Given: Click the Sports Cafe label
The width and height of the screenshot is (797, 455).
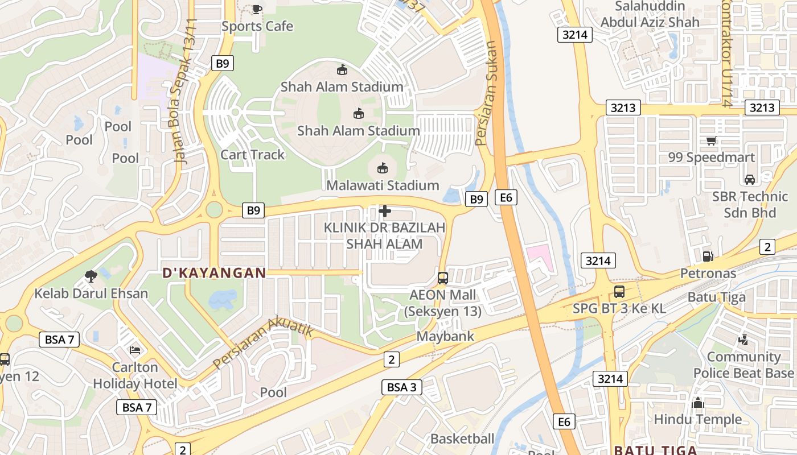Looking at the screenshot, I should [257, 26].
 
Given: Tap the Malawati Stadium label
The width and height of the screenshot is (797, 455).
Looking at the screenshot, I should [383, 185].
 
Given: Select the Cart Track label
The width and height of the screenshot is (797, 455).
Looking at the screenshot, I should [252, 155].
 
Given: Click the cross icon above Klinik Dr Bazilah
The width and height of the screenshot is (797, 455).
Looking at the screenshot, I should [385, 212].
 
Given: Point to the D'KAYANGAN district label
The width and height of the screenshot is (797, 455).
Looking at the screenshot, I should [214, 273].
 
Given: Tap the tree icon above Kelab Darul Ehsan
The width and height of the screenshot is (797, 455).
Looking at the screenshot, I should [91, 277].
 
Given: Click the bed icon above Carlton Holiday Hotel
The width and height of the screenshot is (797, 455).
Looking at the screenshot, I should [135, 350].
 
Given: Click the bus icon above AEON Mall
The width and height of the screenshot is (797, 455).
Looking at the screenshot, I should [443, 278].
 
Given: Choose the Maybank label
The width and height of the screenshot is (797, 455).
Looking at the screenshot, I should [445, 337].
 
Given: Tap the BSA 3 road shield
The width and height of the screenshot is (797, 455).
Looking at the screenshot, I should [402, 387].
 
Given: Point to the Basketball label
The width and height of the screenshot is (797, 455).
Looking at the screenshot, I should [462, 439].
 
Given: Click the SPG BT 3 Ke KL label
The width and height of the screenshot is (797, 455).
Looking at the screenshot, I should [619, 309].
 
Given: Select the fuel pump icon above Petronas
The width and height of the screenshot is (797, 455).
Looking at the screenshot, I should [708, 257].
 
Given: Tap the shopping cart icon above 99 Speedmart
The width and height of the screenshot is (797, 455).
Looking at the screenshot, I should [711, 140].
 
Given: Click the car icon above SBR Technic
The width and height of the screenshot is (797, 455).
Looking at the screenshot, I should [750, 180].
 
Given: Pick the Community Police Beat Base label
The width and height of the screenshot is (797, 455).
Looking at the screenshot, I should [743, 365].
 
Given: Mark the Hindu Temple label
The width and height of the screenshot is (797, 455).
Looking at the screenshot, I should [698, 420].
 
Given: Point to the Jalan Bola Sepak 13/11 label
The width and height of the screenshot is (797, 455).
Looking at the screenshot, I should [183, 91].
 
